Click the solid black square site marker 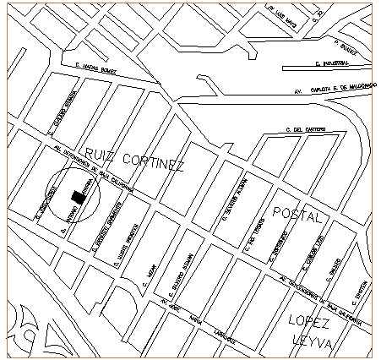coord(78,197)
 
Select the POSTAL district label coord(297,217)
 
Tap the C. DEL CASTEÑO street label coord(307,129)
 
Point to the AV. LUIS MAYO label coord(284,13)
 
